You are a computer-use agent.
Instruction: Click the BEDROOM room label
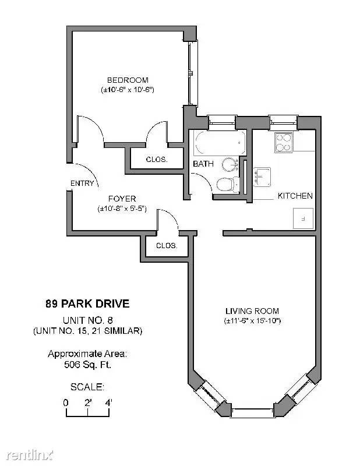(x=128, y=80)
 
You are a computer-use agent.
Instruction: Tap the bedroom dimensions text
(x=127, y=90)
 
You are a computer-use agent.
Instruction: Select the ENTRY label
(x=82, y=183)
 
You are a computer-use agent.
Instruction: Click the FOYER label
(x=122, y=199)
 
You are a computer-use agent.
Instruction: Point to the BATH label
(x=203, y=164)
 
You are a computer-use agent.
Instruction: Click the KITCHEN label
(x=295, y=196)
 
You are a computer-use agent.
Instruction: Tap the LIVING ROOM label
(x=252, y=311)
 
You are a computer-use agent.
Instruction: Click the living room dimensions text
(x=252, y=321)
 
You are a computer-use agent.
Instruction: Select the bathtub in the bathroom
(x=220, y=143)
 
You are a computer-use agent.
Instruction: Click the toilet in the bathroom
(x=228, y=185)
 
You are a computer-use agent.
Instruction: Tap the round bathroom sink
(x=230, y=164)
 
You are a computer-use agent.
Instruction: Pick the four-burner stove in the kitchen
(x=283, y=143)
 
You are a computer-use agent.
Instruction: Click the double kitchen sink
(x=262, y=177)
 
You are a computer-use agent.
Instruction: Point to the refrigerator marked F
(x=303, y=218)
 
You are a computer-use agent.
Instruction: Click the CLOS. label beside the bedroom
(x=157, y=159)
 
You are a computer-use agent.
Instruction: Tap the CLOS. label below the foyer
(x=167, y=245)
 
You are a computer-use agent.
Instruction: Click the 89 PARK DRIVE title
(x=88, y=303)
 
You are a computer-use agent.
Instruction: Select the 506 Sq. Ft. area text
(x=88, y=365)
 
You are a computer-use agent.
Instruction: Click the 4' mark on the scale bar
(x=109, y=403)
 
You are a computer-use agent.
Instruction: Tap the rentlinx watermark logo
(x=30, y=455)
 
